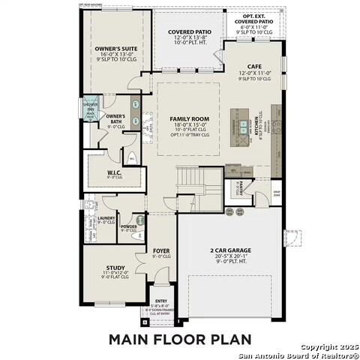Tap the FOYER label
[x=161, y=250]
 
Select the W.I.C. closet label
[x=114, y=172]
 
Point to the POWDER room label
[x=127, y=226]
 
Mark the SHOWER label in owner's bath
[x=91, y=104]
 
